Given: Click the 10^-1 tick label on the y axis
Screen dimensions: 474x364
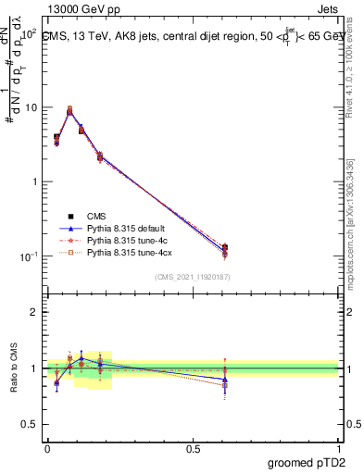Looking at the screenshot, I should pos(27,256).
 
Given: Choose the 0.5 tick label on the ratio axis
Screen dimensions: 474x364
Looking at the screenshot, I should pos(29,424).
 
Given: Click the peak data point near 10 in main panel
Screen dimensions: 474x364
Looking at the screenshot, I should pos(70,110).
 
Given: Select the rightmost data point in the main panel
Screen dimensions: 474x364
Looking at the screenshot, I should pos(225,249).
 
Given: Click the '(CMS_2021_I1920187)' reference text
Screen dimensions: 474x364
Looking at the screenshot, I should pos(193,276).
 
